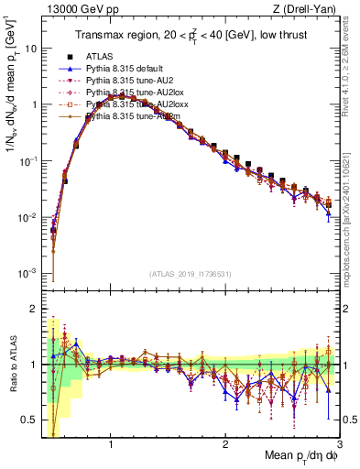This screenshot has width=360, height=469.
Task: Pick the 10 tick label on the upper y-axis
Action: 29,48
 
